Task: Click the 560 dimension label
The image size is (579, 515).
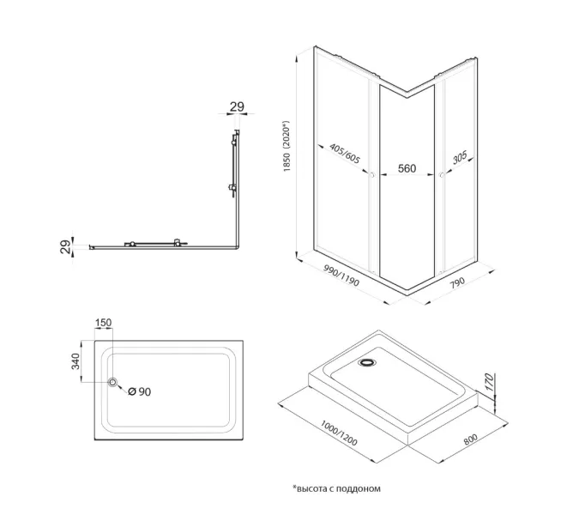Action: [407, 168]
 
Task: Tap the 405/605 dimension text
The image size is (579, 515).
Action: [345, 154]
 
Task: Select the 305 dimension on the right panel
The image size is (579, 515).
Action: [460, 158]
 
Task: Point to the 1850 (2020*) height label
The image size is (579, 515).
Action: [286, 146]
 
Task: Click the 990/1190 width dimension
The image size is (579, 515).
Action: [341, 276]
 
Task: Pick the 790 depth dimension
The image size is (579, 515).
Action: [457, 283]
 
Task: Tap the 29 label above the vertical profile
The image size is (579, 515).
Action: [237, 106]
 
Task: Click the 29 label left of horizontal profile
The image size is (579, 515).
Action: [65, 247]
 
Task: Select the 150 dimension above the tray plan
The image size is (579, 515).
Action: [103, 323]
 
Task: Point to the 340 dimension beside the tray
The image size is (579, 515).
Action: [75, 361]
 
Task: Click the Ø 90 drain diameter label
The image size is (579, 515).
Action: [139, 391]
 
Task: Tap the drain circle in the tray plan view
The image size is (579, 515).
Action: [112, 382]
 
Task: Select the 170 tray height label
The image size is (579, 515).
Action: [488, 382]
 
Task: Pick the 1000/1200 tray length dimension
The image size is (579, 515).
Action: [339, 433]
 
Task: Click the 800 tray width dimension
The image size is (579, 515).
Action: [470, 439]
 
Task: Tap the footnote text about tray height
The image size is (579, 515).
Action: [336, 488]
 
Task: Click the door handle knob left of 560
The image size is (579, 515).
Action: [371, 175]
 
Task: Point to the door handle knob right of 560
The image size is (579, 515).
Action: [442, 175]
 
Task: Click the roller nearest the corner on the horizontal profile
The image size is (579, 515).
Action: [177, 243]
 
